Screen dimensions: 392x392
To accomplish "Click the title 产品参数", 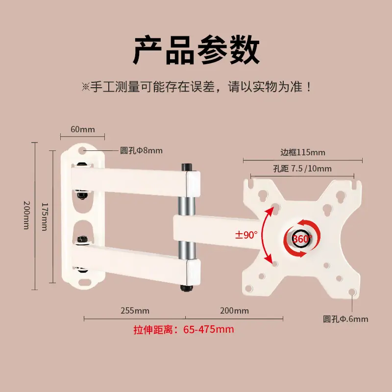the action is tap(196, 50).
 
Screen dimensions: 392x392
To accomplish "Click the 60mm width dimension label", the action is tap(83, 129).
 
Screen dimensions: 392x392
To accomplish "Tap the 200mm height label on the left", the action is tap(26, 215).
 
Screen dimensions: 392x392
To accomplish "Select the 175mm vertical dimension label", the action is tap(44, 217).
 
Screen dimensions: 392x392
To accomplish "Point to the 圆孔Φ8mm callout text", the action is tap(141, 150).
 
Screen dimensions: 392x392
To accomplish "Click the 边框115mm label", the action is tap(303, 152).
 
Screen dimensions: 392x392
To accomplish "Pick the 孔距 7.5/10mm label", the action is tap(302, 169).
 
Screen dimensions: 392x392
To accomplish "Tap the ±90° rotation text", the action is tap(246, 235).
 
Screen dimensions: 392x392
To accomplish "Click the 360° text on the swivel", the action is tap(302, 239).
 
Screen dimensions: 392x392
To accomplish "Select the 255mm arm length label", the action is tap(135, 311).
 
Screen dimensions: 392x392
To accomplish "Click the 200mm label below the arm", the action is tap(235, 311).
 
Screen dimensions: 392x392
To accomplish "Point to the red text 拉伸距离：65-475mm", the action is tap(184, 329).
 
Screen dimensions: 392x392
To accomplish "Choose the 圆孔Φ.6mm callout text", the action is tap(345, 319).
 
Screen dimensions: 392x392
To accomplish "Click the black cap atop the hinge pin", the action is tap(187, 167).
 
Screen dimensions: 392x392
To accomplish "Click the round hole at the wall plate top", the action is tap(82, 150).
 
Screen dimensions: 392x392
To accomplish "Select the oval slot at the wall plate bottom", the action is tap(85, 282).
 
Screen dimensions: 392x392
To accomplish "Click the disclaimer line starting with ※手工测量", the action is tap(197, 87).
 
